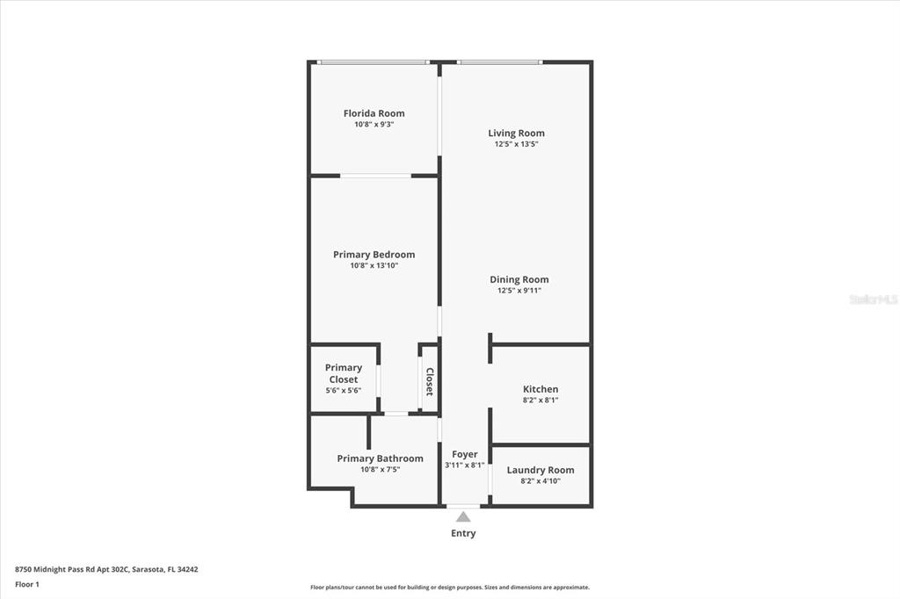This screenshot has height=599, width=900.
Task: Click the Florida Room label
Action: (x=374, y=113)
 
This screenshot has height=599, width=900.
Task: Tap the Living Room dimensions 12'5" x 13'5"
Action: (x=516, y=144)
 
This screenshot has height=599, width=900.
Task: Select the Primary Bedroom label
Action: (x=374, y=255)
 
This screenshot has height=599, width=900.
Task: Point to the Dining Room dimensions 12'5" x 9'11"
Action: (x=519, y=291)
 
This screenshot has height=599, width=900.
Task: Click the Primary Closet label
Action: (x=343, y=373)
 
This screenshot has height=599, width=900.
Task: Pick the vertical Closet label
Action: (x=430, y=382)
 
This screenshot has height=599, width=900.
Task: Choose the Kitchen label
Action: (x=541, y=389)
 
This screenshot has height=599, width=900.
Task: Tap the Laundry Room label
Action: (x=541, y=470)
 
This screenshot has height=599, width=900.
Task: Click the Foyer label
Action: (x=465, y=454)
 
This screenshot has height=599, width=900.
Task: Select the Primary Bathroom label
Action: (x=380, y=458)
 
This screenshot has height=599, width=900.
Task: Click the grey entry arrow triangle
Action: (x=463, y=517)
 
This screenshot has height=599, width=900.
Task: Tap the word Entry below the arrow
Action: (x=463, y=533)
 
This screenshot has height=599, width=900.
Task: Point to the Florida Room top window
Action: (x=373, y=62)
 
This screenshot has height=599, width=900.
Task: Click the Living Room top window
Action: (x=499, y=62)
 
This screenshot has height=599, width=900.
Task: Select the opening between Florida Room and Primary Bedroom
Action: (x=375, y=176)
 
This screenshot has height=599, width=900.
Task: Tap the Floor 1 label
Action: (x=27, y=584)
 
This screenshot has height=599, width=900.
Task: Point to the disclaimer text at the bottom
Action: (x=449, y=588)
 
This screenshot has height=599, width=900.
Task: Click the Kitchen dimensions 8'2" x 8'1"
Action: (x=541, y=401)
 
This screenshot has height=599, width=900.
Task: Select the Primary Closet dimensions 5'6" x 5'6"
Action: (x=343, y=390)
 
